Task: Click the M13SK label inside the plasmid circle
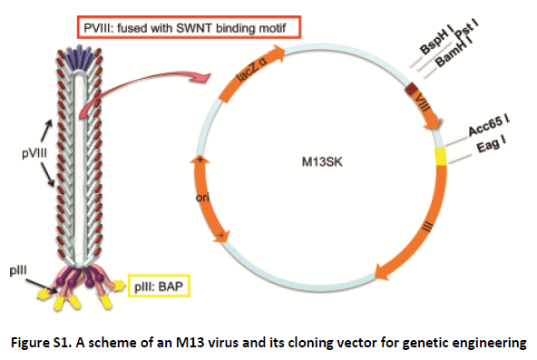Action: pyautogui.click(x=325, y=164)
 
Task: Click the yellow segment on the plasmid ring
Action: pyautogui.click(x=442, y=155)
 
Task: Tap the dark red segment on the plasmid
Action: pyautogui.click(x=412, y=88)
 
